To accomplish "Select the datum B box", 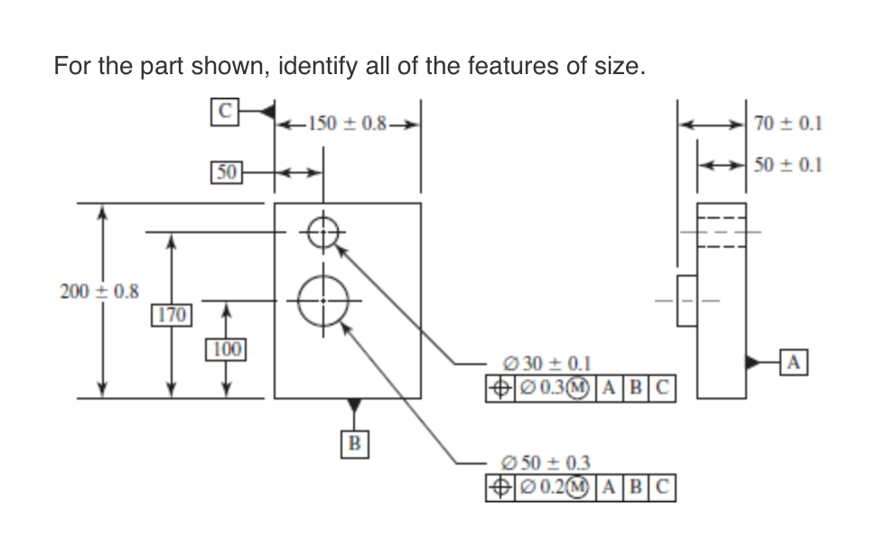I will click(354, 443).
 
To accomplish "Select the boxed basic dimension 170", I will click(170, 315).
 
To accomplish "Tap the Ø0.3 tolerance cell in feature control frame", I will click(552, 388).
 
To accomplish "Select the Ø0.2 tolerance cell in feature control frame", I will click(552, 488).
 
